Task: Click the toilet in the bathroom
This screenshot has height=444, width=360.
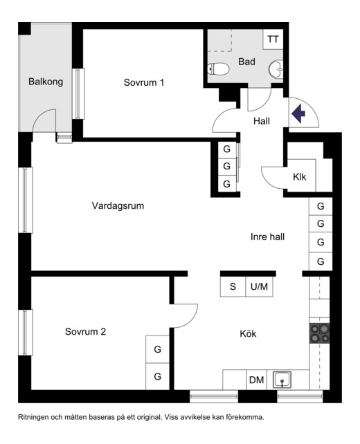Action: [x=217, y=68]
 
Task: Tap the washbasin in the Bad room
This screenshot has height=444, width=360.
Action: [x=276, y=68]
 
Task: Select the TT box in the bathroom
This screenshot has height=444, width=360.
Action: [x=273, y=39]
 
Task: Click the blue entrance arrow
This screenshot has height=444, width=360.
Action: [x=298, y=113]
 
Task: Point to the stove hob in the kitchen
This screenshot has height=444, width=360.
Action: [x=320, y=333]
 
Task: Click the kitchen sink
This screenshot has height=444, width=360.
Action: [x=282, y=380]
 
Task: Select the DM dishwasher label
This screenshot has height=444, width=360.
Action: [x=256, y=380]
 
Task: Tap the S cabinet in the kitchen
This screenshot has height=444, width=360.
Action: [x=233, y=286]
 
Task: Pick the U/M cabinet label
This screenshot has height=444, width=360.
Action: [x=259, y=286]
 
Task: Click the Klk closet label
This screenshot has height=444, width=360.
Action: [x=299, y=177]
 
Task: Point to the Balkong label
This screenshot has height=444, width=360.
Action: [x=46, y=82]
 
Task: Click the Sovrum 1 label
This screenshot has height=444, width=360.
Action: [x=144, y=82]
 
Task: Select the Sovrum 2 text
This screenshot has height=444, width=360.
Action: [x=85, y=331]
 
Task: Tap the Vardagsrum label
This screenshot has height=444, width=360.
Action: [x=118, y=205]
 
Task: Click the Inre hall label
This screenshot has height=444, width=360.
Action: [x=267, y=237]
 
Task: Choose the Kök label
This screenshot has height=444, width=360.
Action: [x=248, y=333]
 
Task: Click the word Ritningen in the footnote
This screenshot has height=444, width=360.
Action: [x=33, y=417]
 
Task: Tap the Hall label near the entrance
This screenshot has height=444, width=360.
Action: [x=262, y=121]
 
